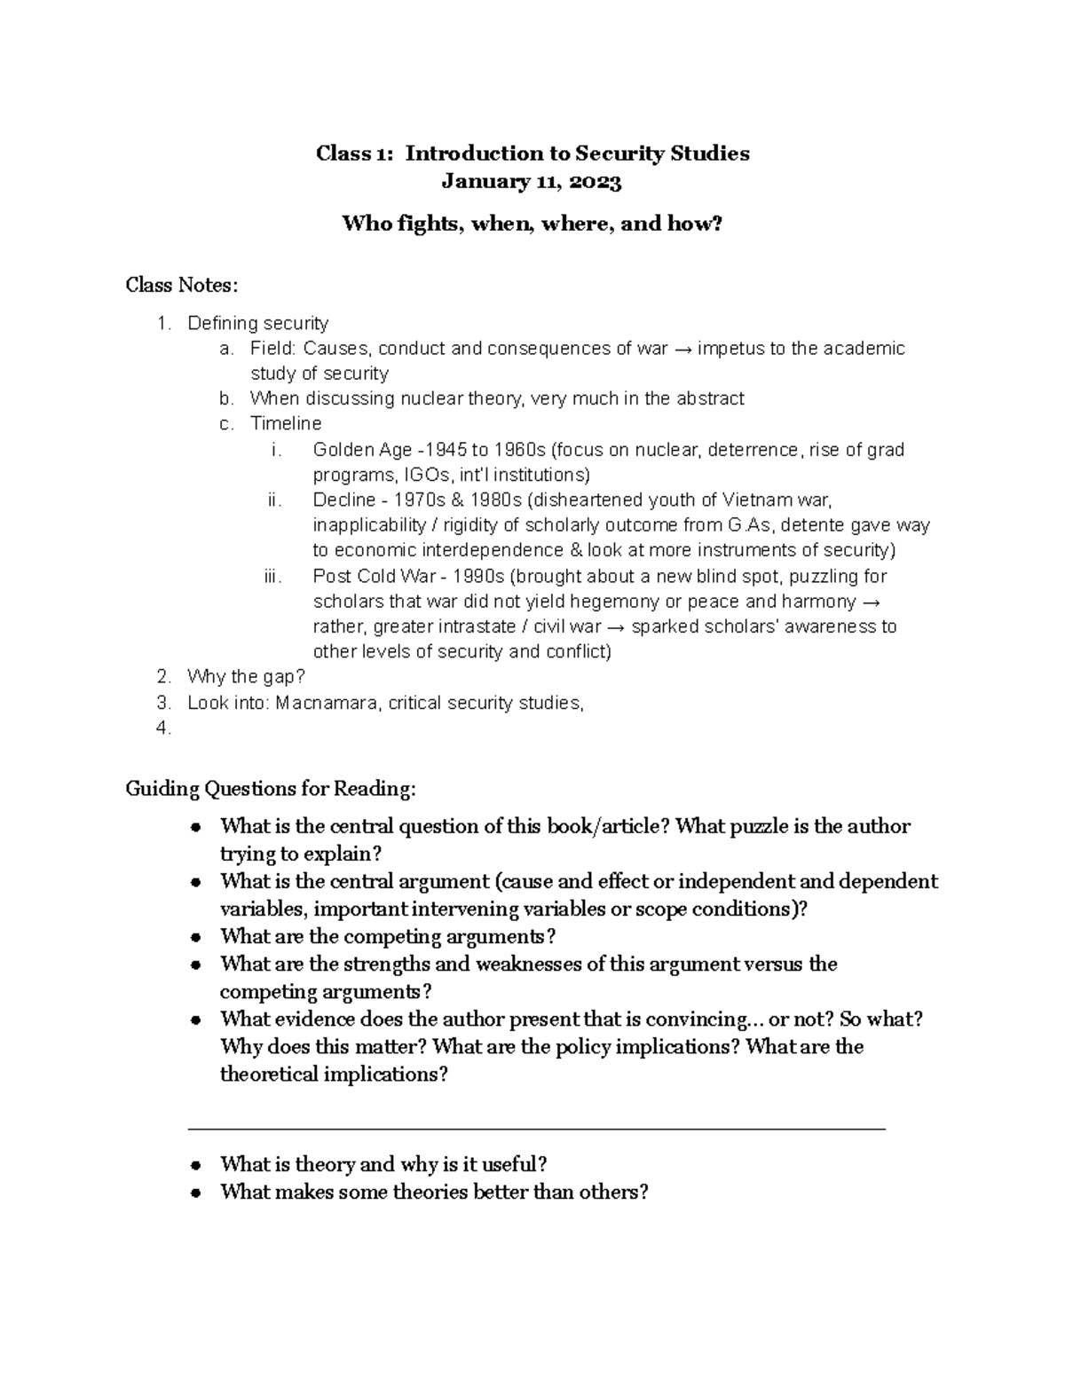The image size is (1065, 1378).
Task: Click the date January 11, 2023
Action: tap(532, 182)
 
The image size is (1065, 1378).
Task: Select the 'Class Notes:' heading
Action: tap(181, 285)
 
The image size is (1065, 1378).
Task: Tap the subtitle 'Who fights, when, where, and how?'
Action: tap(532, 224)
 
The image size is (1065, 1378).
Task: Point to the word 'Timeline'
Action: tap(286, 423)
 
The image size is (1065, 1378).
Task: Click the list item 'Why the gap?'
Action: tap(246, 677)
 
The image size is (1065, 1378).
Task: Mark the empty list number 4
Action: tap(162, 728)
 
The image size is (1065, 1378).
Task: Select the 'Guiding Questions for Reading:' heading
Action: tap(270, 788)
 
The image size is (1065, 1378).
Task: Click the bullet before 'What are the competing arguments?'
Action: tap(196, 938)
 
